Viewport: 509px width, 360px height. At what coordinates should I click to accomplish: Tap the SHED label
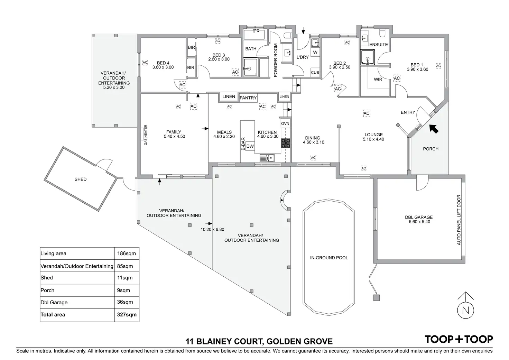tap(81, 179)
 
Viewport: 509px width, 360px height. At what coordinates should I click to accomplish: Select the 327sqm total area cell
tap(127, 315)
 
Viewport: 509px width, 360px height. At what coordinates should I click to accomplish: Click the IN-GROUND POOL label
tap(329, 258)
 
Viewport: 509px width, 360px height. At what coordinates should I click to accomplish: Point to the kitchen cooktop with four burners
tap(286, 143)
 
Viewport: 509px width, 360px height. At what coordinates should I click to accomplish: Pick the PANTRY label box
tap(248, 98)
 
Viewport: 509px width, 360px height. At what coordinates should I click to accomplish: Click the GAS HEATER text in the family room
tap(146, 135)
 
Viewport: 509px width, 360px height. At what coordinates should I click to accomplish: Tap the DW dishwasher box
tap(250, 146)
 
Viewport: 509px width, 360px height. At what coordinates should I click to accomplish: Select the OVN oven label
tap(285, 123)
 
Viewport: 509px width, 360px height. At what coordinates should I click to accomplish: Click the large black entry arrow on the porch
tap(434, 129)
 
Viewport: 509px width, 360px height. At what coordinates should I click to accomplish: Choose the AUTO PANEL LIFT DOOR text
tap(459, 220)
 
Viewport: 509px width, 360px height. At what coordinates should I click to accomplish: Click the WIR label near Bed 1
tap(378, 80)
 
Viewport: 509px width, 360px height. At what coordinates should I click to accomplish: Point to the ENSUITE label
tap(379, 45)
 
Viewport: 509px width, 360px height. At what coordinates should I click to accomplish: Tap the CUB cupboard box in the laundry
tap(315, 73)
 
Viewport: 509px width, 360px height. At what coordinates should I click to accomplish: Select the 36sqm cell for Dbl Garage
tap(125, 302)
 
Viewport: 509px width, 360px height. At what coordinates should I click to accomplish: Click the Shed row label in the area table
tap(47, 278)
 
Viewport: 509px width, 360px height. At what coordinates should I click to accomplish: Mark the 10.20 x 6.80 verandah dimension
tap(212, 230)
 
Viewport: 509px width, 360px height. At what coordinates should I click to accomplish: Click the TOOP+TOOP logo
tap(459, 339)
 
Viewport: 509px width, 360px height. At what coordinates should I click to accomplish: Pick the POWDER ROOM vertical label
tap(276, 60)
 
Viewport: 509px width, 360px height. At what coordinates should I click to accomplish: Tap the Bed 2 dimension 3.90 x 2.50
tap(340, 67)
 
